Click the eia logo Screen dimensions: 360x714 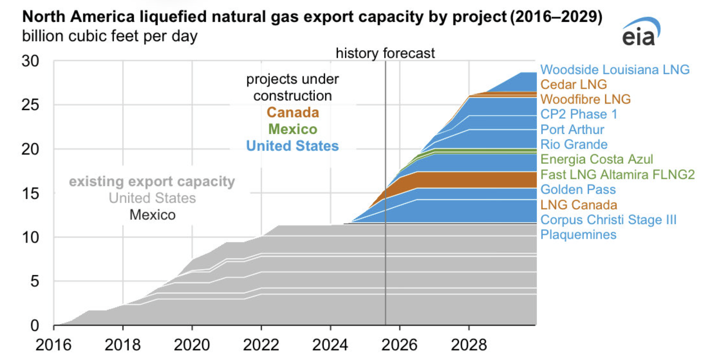(641, 33)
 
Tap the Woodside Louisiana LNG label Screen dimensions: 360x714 (615, 70)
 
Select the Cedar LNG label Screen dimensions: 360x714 (573, 85)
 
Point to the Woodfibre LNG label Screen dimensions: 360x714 (585, 100)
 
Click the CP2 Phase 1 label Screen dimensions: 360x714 (578, 114)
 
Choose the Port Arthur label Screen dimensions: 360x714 (572, 130)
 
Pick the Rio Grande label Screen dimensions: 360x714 (574, 145)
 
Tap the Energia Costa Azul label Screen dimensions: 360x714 (596, 159)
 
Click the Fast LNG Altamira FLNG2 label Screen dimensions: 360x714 (617, 175)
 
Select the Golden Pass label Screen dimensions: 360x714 (578, 190)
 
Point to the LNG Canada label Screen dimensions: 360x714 (578, 205)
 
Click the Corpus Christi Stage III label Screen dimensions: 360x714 (608, 220)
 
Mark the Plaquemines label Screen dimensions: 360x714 (578, 235)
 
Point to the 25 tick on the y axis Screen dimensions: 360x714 (30, 105)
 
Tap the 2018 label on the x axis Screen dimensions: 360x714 (123, 345)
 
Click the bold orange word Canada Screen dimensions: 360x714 (293, 113)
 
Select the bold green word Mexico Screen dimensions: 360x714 (293, 129)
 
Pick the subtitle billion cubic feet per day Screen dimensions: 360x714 (110, 36)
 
